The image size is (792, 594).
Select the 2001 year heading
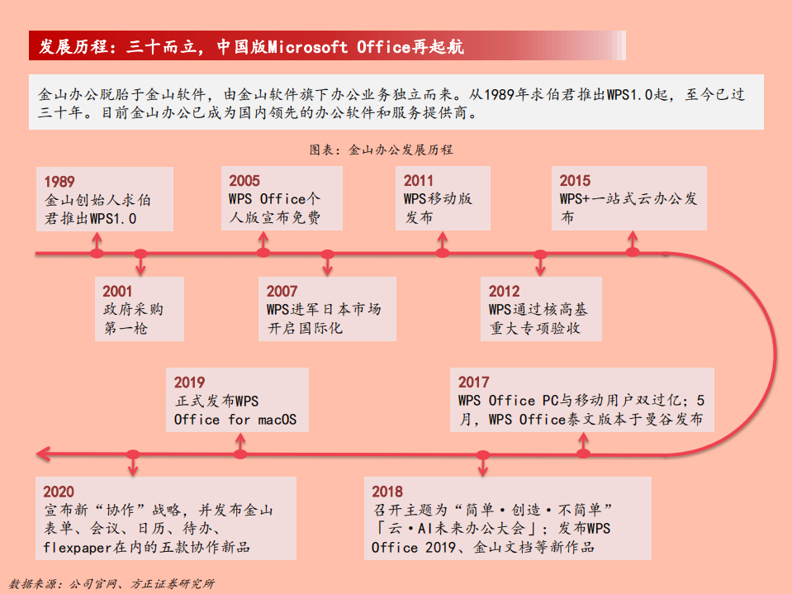pyautogui.click(x=117, y=292)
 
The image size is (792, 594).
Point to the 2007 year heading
pyautogui.click(x=282, y=292)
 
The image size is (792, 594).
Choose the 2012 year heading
pyautogui.click(x=504, y=292)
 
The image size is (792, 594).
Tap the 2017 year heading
pyautogui.click(x=474, y=383)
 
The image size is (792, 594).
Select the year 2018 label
pyautogui.click(x=387, y=492)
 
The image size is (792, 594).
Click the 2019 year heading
pyautogui.click(x=189, y=383)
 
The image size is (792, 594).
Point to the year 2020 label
pyautogui.click(x=59, y=492)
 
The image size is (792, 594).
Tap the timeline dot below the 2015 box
pyautogui.click(x=633, y=253)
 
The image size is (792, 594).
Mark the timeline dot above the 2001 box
pyautogui.click(x=140, y=253)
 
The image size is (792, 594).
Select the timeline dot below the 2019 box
pyautogui.click(x=240, y=454)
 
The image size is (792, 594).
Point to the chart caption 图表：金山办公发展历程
pyautogui.click(x=382, y=150)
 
